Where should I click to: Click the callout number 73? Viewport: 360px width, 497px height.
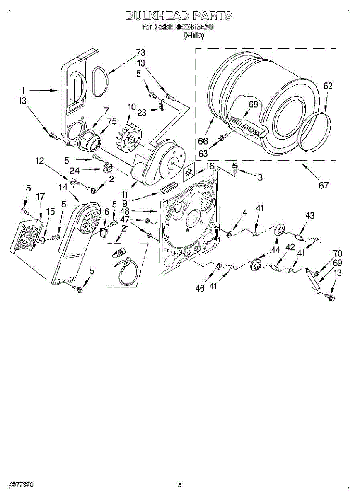click(x=141, y=53)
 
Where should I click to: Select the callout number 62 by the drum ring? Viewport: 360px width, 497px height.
click(x=328, y=86)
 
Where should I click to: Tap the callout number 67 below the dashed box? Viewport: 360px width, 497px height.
click(x=323, y=185)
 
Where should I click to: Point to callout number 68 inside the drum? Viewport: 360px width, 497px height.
click(x=253, y=104)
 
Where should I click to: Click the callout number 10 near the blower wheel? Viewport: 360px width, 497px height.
click(x=132, y=107)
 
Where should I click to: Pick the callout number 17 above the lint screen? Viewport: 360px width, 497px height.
click(x=40, y=197)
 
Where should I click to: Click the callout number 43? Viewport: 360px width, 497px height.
click(x=309, y=215)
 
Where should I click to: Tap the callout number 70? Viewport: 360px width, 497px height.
click(x=338, y=253)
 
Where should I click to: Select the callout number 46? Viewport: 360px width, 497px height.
click(x=200, y=288)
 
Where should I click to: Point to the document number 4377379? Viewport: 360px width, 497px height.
click(x=20, y=485)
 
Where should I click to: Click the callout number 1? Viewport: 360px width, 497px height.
click(x=23, y=90)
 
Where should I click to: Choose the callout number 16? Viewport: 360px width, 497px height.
click(x=210, y=166)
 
